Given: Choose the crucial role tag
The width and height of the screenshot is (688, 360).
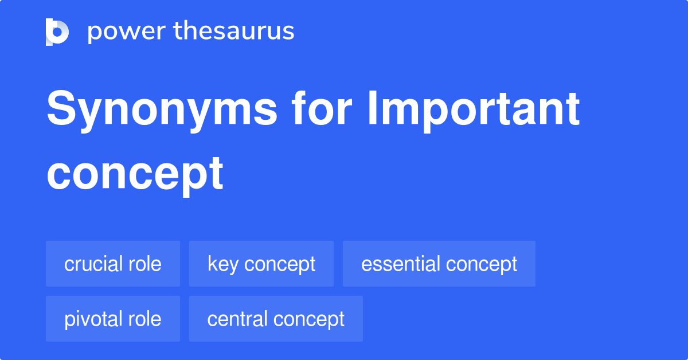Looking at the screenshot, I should [x=113, y=264].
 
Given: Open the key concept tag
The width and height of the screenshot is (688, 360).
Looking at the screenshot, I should [x=261, y=264].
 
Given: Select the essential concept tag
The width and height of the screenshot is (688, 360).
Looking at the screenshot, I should [x=439, y=264].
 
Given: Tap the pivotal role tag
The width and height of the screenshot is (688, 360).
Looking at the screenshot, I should [x=113, y=319].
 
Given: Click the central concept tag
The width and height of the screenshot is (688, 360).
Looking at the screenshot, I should [x=276, y=319].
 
